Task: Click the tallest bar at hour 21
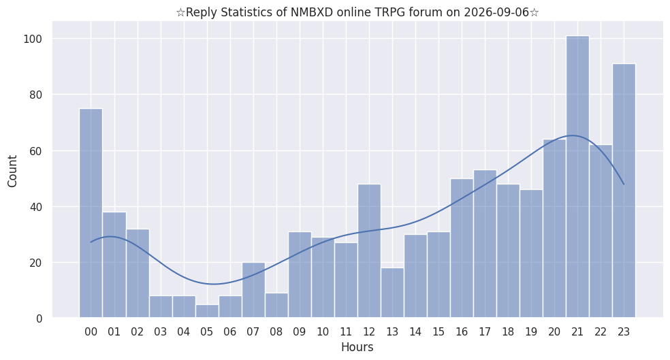(577, 176)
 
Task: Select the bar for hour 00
(91, 213)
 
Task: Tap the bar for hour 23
(624, 191)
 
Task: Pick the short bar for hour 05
(207, 311)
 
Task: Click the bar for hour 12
(369, 250)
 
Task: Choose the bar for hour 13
(392, 293)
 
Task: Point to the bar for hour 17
(485, 244)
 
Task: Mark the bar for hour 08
(276, 306)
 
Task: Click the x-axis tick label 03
(160, 332)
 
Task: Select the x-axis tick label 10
(323, 332)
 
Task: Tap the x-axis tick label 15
(438, 332)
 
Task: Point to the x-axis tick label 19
(531, 332)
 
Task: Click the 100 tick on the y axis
(33, 39)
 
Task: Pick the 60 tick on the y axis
(36, 151)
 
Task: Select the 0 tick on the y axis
(39, 318)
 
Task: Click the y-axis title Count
(12, 171)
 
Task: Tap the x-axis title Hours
(357, 347)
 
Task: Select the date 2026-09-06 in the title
(496, 12)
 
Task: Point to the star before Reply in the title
(180, 12)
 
